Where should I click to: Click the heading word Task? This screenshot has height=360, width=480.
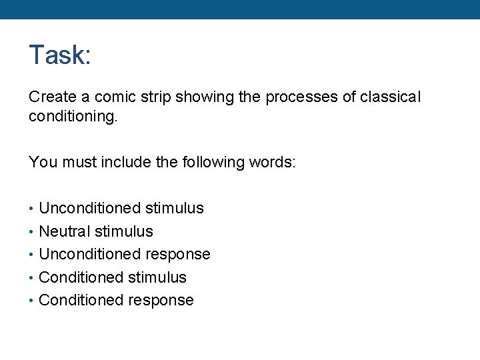point(59,55)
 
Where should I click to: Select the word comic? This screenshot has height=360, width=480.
point(111,97)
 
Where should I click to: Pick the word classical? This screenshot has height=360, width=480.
point(391,97)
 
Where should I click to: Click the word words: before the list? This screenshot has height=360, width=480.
point(271,162)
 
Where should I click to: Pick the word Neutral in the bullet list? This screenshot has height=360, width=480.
point(65,231)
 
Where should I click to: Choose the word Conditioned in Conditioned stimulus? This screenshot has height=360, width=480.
point(81,277)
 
